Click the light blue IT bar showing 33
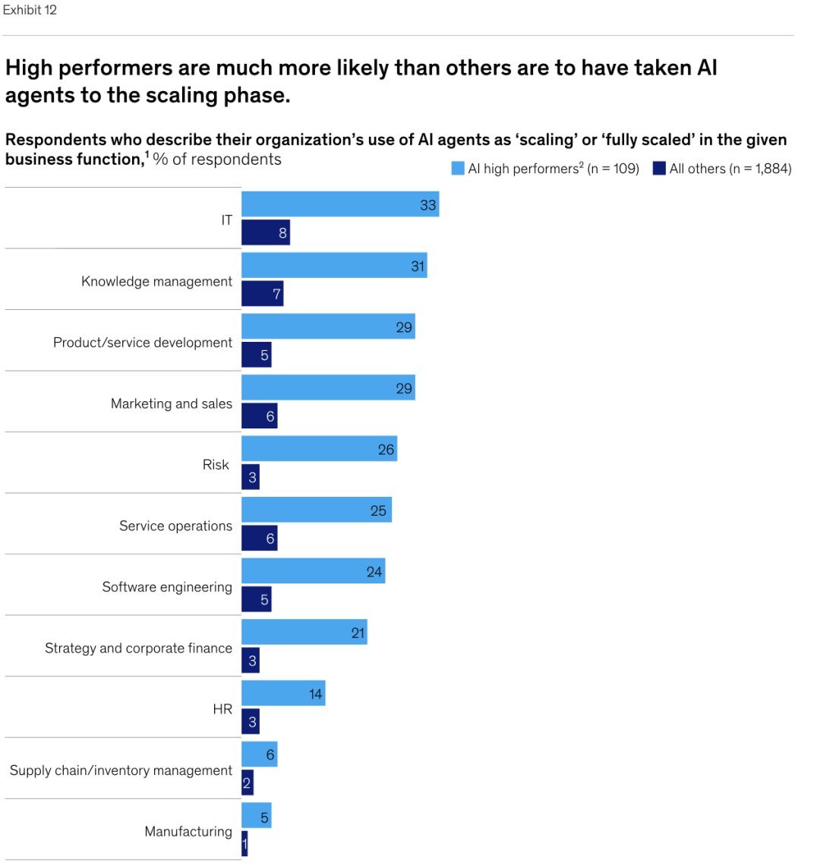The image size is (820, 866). (340, 204)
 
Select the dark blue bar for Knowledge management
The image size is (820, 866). (262, 293)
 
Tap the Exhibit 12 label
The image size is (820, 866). (30, 10)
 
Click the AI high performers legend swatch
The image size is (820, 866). (458, 169)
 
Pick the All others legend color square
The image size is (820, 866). (659, 169)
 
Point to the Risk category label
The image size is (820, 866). (216, 464)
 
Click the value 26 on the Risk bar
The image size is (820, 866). (386, 450)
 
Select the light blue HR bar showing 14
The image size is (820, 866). (282, 694)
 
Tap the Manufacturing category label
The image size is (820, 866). (188, 831)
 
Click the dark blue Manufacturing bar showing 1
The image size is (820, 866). (244, 844)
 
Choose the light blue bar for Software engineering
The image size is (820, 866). (313, 571)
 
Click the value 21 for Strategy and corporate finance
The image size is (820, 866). (358, 633)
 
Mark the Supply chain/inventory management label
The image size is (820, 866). (121, 770)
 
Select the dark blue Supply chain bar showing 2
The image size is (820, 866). (248, 783)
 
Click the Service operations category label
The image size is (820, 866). (175, 526)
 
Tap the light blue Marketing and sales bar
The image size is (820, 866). (328, 388)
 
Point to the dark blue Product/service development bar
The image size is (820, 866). (256, 355)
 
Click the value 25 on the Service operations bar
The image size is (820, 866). (378, 510)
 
